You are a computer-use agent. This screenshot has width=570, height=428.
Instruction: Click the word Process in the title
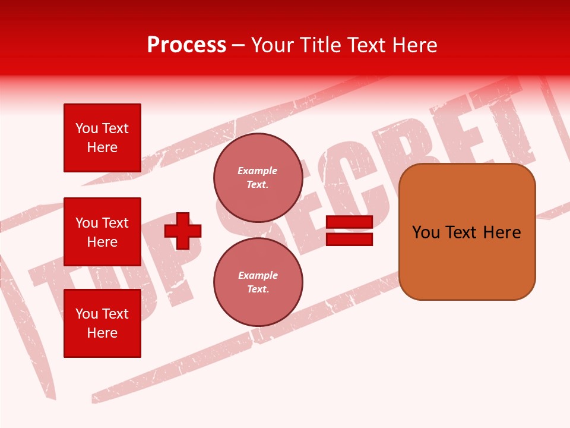click(186, 45)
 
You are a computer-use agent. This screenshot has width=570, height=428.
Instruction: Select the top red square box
click(102, 138)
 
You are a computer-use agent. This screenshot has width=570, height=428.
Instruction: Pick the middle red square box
click(102, 232)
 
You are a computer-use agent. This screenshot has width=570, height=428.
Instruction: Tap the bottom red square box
click(102, 323)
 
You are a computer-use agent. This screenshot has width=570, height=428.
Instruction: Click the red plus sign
click(183, 231)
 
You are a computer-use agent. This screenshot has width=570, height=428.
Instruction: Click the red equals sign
click(349, 231)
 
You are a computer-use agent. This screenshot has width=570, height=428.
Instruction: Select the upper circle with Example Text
click(258, 178)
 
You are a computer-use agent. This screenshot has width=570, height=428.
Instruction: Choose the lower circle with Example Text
click(258, 282)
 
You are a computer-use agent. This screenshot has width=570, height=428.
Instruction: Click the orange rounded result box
click(467, 232)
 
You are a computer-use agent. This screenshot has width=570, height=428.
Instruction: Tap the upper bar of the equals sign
click(349, 222)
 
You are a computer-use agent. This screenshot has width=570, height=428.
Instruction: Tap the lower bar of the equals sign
click(349, 239)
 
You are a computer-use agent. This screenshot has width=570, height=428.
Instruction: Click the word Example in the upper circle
click(258, 171)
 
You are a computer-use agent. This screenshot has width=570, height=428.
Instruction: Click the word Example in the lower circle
click(258, 276)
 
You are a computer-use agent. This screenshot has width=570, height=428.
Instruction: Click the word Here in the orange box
click(502, 232)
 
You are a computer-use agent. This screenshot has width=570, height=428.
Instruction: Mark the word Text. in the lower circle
click(258, 289)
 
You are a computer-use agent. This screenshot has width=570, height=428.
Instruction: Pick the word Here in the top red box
click(102, 147)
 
